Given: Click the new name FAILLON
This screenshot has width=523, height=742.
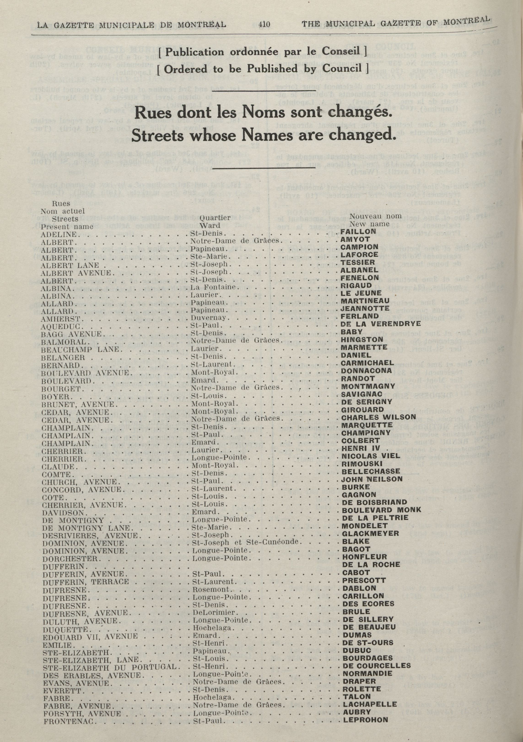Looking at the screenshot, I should (358, 231).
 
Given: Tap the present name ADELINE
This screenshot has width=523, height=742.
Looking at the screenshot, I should (59, 234).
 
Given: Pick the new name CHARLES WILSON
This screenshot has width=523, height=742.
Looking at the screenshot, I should (379, 417).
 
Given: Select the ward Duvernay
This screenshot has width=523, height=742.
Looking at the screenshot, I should (207, 318).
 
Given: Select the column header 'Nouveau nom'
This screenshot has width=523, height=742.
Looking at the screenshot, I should (376, 216).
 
